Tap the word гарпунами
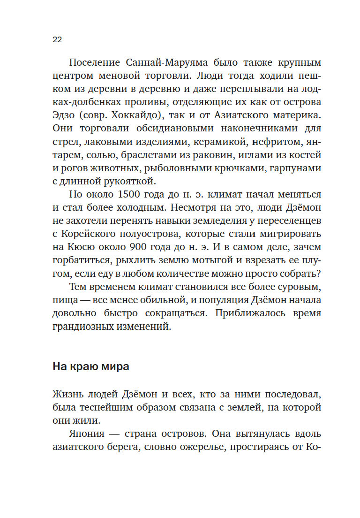[x=295, y=168]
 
